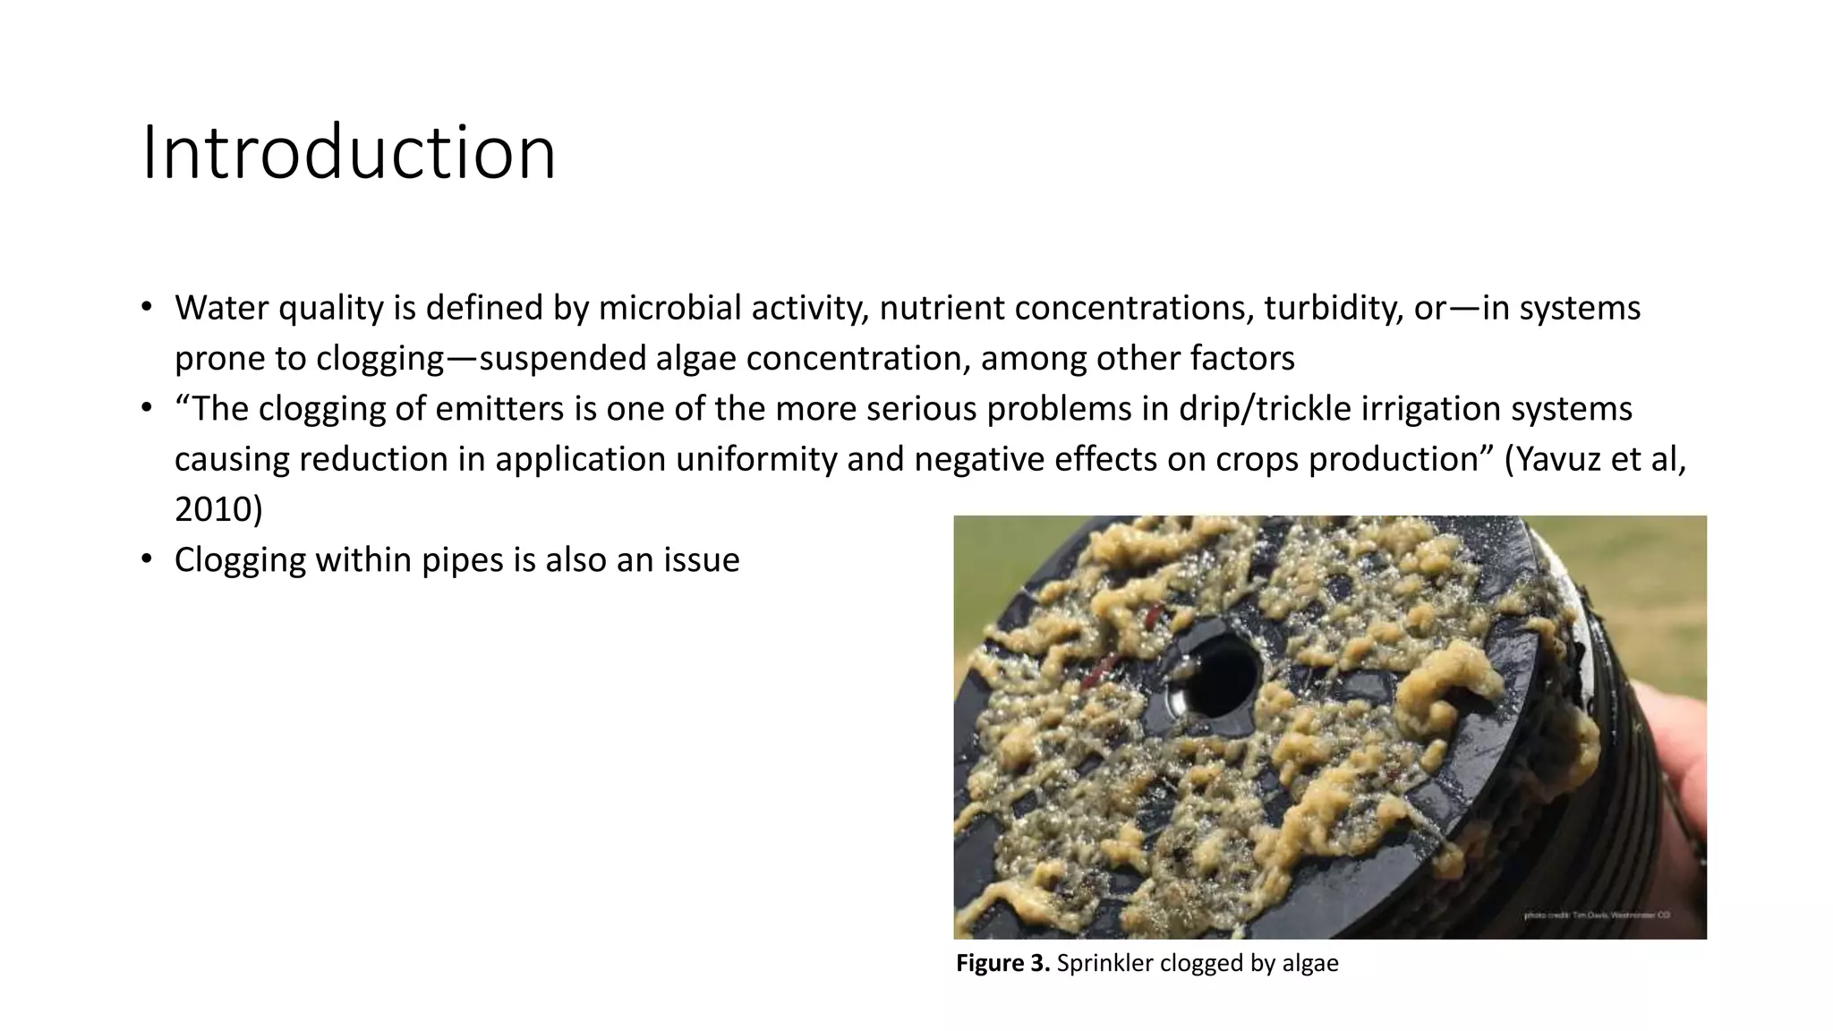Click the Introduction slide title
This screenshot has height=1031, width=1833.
[349, 153]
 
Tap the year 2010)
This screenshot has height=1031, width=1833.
[218, 509]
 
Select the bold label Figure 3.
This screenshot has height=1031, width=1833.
[1002, 963]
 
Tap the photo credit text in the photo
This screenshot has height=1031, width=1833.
[1596, 916]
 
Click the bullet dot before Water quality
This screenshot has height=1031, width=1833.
[147, 308]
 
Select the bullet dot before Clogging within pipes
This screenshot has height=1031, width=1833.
[147, 560]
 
